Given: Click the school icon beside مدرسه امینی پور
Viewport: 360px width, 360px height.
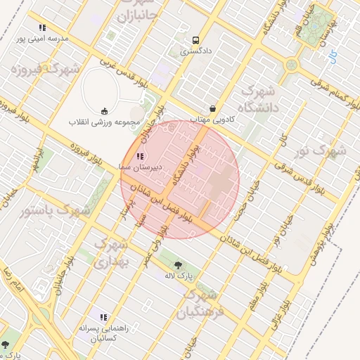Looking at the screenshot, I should click(42, 28).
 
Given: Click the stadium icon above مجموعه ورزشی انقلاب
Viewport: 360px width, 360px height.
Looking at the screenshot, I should click(105, 110).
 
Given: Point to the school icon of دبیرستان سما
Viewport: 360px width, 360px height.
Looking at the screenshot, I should click(140, 155).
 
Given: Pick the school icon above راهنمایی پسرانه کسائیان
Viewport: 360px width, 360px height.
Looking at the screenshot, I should click(104, 317).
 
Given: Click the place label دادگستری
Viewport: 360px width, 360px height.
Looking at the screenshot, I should click(195, 51).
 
